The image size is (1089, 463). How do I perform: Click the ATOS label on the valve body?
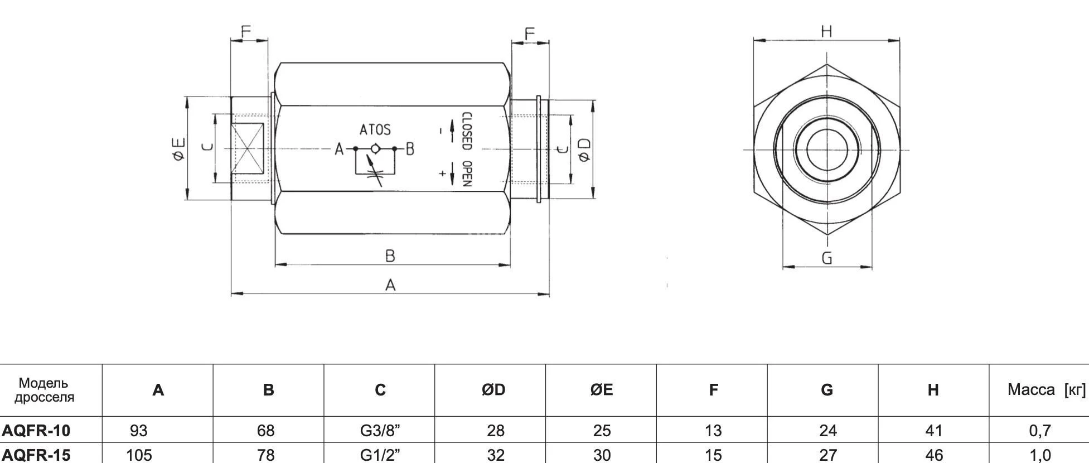coord(375,129)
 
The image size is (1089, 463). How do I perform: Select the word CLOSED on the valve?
coord(467,132)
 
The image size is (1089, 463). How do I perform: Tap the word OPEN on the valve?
coord(467,173)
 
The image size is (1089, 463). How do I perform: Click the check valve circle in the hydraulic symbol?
coord(375,149)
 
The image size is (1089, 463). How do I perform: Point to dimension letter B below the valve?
coord(390,256)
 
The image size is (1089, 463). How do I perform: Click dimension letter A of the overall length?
coord(390,285)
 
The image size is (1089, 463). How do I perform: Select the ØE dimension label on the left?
coord(178,149)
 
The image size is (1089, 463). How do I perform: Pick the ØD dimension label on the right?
coord(584,149)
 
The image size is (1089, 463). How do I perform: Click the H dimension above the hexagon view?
coord(826,31)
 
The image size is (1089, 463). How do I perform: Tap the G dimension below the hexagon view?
coord(827,258)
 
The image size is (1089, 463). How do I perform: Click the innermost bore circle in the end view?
coord(827,149)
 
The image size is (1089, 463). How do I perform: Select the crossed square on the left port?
coord(248,149)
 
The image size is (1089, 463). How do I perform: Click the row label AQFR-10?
coord(36,430)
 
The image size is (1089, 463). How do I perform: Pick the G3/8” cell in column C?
coord(380,430)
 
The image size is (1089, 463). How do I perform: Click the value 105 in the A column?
coord(139,455)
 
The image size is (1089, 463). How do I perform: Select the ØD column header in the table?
coord(493,390)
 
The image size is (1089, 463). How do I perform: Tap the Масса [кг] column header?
coord(1046,390)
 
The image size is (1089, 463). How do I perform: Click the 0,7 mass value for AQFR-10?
coord(1040,430)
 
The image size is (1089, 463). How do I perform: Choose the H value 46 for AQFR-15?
coord(934,455)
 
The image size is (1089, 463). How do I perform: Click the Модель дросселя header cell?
coord(44,390)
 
